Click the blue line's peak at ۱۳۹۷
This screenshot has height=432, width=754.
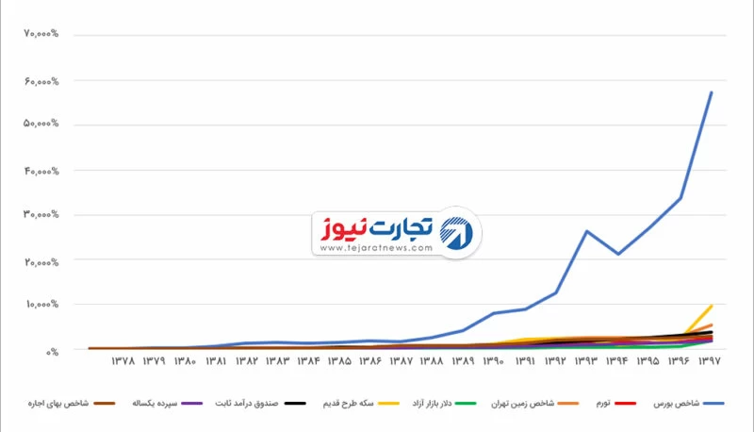(712, 91)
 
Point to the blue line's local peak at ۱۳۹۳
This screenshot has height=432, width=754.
(587, 231)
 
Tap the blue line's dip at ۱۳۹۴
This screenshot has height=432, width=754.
(618, 254)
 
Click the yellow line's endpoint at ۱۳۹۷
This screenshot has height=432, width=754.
(712, 306)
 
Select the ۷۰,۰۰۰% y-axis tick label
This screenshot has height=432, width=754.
(41, 35)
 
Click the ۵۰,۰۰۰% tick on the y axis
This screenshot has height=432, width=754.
(41, 125)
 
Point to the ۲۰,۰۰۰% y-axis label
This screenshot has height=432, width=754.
(41, 259)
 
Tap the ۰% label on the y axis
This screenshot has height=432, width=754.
(53, 350)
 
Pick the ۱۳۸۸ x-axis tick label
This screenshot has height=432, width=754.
(433, 360)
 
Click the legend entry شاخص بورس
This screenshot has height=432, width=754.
(675, 404)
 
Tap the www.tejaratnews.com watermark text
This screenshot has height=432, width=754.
(375, 248)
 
